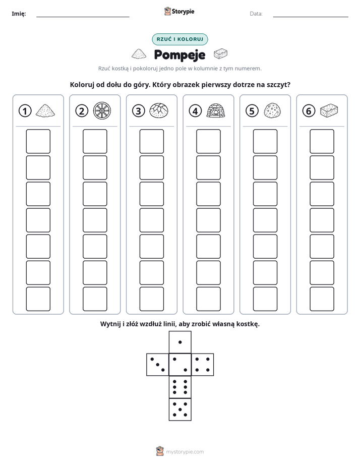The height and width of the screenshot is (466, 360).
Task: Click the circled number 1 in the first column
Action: pos(25,111)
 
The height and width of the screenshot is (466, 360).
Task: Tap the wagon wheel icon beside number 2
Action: pos(102,111)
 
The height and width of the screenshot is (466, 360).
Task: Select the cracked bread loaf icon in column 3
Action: pos(159,111)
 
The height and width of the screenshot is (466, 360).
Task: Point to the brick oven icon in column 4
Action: pos(216,111)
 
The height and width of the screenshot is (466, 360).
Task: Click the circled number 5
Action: pos(252,111)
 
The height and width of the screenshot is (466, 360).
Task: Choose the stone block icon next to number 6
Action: pos(329,110)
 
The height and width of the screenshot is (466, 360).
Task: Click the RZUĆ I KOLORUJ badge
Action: pos(179,39)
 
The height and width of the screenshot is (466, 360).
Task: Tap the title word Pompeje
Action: pos(179,54)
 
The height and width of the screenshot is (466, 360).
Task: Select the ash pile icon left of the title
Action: pos(139,54)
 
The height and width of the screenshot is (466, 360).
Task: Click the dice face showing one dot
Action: pos(180,342)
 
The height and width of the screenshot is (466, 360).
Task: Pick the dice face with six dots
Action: pos(180,387)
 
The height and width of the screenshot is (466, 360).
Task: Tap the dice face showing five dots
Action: pos(180,410)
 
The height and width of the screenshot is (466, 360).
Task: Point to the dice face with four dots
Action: pos(203,364)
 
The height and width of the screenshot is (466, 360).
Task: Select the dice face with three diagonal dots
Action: pos(158,364)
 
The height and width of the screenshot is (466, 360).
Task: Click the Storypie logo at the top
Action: pos(179,12)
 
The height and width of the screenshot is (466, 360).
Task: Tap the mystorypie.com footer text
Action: pos(185,452)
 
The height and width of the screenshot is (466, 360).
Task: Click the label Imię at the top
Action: pos(19,14)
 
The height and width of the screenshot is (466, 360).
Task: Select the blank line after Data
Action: pos(311,17)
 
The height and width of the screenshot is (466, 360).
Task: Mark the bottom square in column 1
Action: pos(38,299)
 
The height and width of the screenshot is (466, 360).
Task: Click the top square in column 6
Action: pos(322,141)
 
